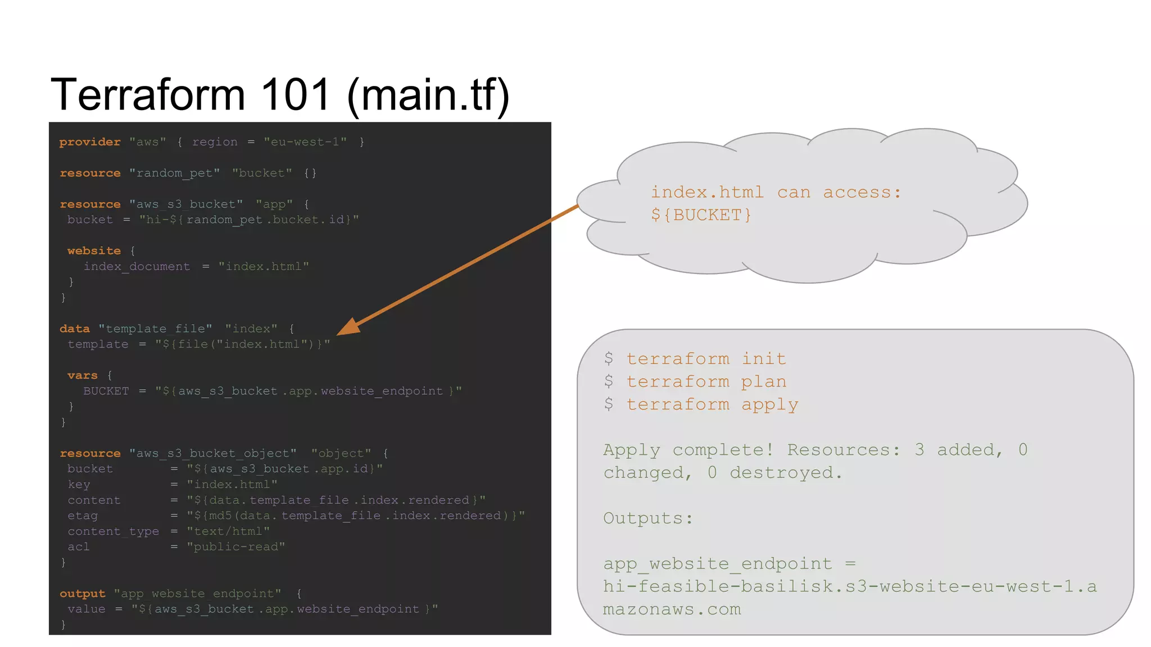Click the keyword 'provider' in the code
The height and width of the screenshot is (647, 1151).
point(90,142)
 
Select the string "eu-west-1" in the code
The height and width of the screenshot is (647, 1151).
point(305,142)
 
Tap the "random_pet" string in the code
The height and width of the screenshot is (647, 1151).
point(174,174)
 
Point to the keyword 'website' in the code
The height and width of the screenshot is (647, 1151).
point(94,251)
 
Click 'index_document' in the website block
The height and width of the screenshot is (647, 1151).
point(137,267)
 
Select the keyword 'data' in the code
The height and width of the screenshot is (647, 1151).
point(75,329)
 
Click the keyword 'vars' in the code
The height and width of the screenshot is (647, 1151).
point(82,376)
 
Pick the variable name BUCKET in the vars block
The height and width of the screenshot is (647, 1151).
point(106,391)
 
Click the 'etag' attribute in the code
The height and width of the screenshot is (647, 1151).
point(83,516)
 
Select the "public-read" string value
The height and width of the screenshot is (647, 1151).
point(236,547)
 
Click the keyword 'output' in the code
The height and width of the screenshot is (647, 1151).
point(83,594)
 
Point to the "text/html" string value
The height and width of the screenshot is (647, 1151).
point(228,531)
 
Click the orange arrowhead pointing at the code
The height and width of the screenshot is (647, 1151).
point(348,327)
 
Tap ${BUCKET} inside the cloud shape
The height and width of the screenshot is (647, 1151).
point(701,215)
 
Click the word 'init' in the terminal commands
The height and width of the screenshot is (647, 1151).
point(764,359)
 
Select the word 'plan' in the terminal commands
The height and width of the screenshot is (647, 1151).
point(764,382)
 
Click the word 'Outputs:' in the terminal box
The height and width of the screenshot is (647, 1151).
point(648,518)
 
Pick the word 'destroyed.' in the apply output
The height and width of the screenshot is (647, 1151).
point(786,473)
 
